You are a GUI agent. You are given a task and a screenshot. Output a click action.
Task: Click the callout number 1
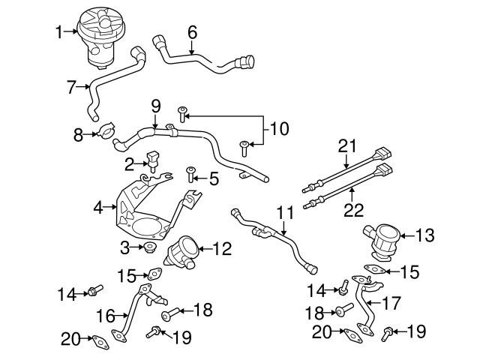pyautogui.click(x=59, y=31)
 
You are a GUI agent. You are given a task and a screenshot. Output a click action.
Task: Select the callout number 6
pyautogui.click(x=192, y=32)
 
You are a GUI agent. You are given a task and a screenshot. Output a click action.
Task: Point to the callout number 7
pyautogui.click(x=71, y=88)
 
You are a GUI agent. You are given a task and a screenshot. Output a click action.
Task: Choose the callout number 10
pyautogui.click(x=279, y=129)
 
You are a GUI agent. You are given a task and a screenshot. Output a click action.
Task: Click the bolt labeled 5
pyautogui.click(x=190, y=174)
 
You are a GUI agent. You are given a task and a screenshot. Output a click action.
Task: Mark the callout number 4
pyautogui.click(x=98, y=205)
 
